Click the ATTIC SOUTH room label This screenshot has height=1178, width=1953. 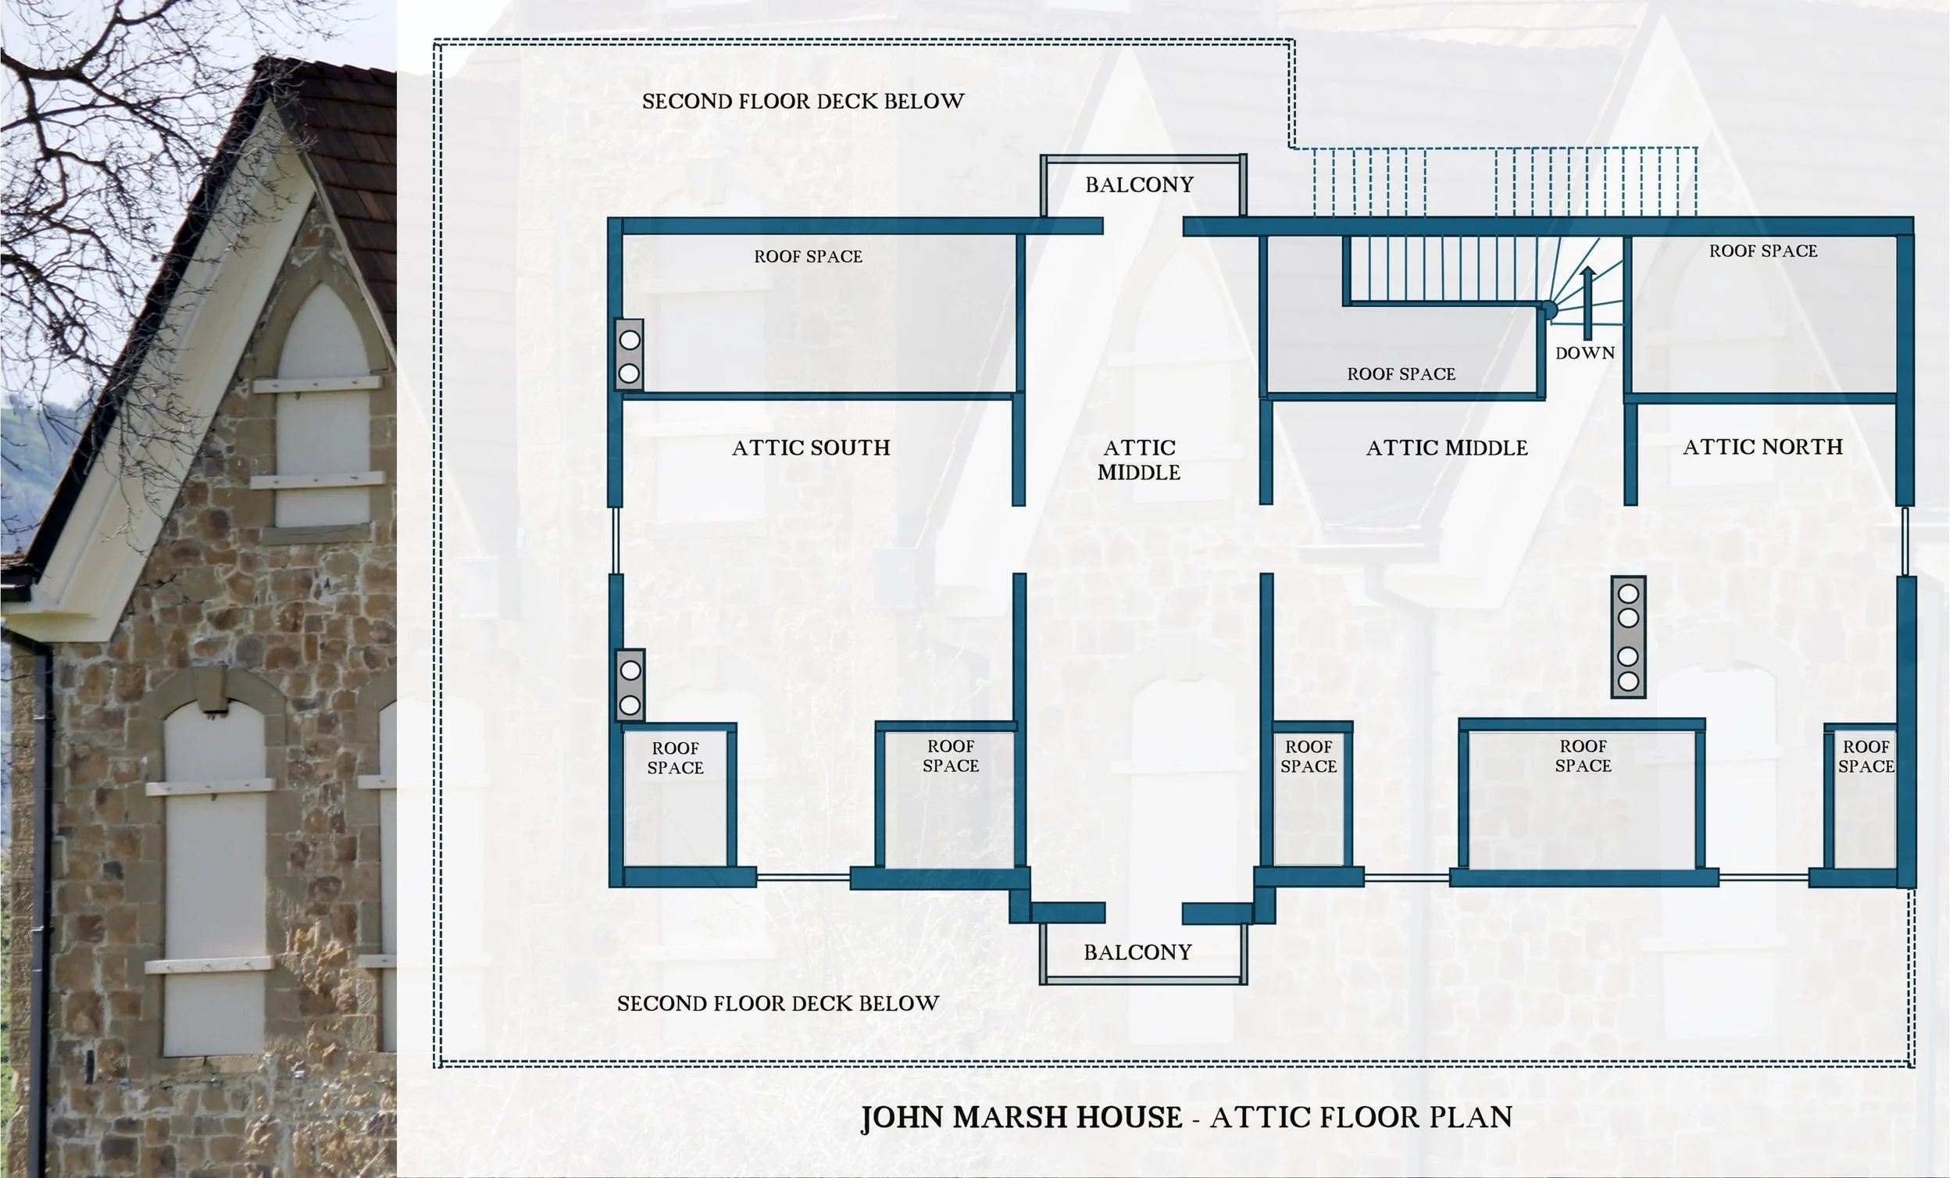pos(811,448)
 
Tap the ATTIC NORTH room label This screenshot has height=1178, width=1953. pos(1762,447)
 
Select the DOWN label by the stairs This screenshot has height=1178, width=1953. pos(1584,354)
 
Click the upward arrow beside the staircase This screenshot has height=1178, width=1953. pos(1587,303)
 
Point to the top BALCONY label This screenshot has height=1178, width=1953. pos(1139,184)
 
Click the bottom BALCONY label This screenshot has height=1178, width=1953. pos(1137,952)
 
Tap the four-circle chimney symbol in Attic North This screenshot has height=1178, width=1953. pos(1628,637)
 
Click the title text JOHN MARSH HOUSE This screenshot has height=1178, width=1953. pos(1021,1117)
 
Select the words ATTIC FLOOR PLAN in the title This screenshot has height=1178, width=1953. pos(1361,1117)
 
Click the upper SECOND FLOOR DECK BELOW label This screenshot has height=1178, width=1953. pos(803,102)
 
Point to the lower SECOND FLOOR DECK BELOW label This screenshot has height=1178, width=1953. pos(777,1004)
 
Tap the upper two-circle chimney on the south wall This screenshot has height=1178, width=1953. pos(630,355)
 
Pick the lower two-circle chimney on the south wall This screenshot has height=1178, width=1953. pos(630,686)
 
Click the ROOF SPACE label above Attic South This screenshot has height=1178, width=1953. pos(808,257)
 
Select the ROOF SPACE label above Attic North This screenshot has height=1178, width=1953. pos(1762,252)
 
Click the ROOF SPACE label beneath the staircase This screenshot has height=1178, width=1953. pos(1401,374)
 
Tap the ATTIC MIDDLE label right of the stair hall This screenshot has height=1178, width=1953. pos(1447,448)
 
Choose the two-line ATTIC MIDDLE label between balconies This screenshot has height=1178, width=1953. pos(1139,460)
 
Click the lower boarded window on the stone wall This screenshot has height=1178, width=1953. pos(214,880)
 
